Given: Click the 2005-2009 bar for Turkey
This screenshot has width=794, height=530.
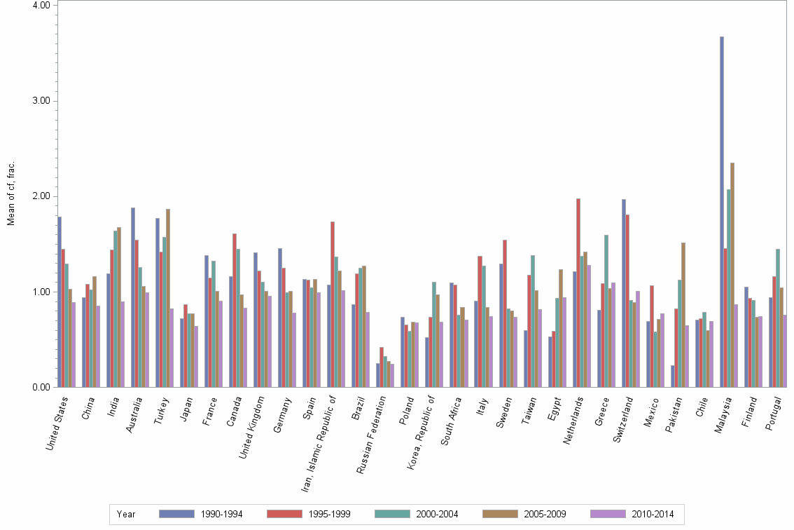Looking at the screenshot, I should tap(168, 298).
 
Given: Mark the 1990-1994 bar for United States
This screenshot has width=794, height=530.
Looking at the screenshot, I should tap(60, 301).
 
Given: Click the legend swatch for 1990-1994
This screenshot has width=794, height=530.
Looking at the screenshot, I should tap(176, 514).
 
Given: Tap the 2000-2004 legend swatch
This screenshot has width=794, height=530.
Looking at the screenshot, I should tap(392, 514).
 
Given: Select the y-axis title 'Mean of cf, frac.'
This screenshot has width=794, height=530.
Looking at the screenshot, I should tap(11, 193).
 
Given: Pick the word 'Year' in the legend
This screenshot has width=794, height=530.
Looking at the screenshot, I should tap(127, 514).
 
